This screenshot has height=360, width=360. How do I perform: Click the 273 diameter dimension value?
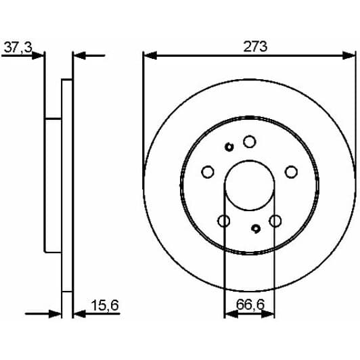tap(250, 47)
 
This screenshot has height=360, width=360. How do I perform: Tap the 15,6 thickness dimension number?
tap(105, 307)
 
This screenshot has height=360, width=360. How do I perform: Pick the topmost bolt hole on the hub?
tap(249, 141)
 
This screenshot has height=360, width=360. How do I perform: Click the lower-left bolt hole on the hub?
tap(224, 221)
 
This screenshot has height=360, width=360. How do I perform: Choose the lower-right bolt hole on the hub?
tap(275, 221)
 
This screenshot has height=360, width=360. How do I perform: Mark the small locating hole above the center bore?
tap(229, 147)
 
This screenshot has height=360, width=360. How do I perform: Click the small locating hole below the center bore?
tap(255, 229)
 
